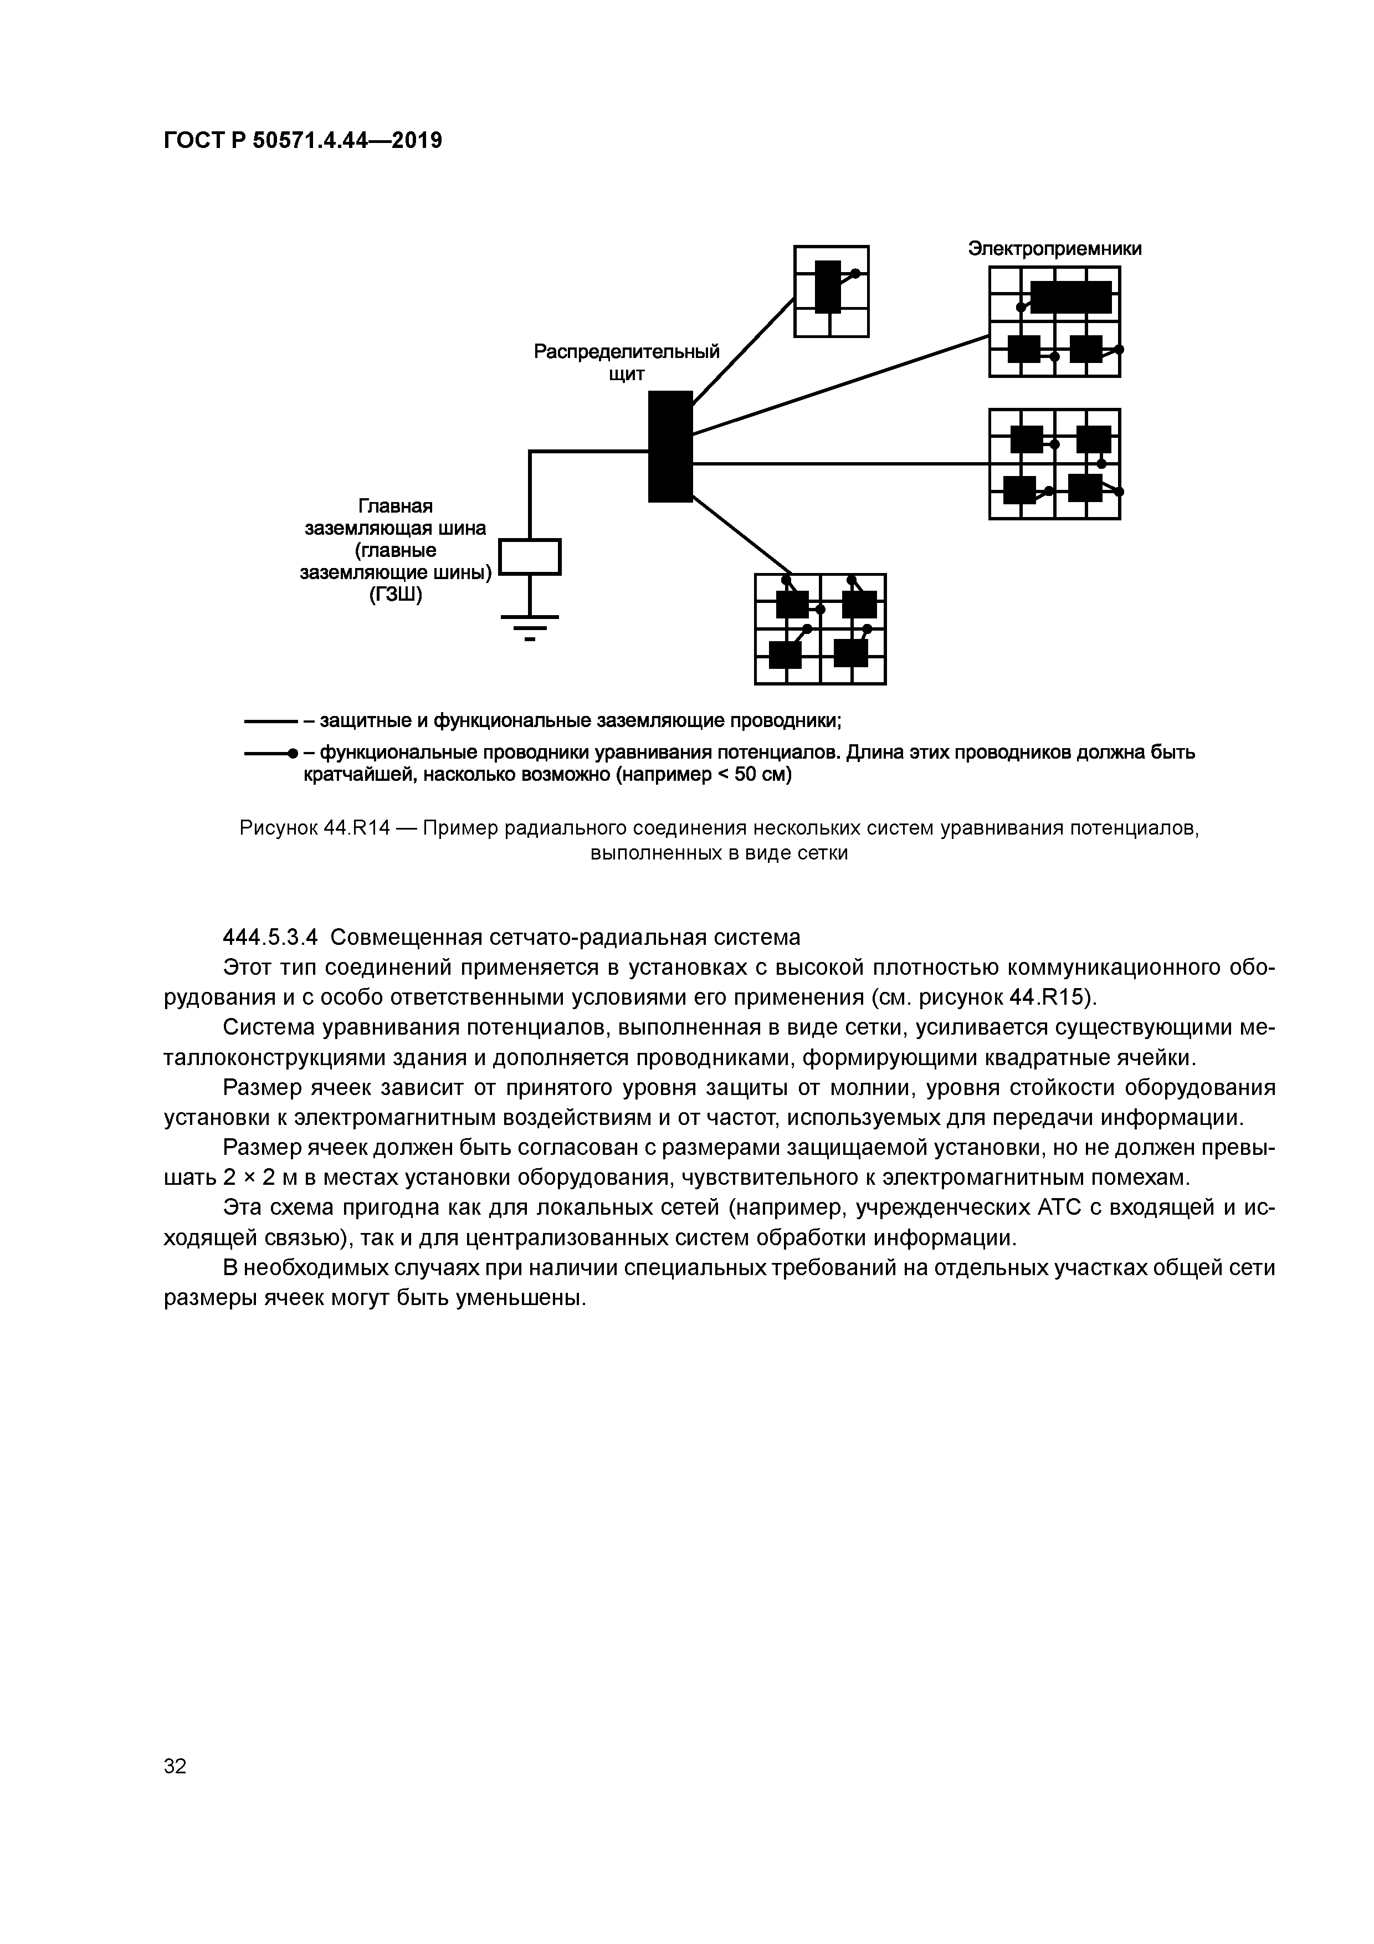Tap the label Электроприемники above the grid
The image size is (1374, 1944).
pos(1055,249)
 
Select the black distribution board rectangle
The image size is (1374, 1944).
pos(670,446)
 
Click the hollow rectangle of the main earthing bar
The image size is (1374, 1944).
pos(530,557)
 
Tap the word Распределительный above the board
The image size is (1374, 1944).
pos(627,351)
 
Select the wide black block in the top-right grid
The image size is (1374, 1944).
pos(1070,297)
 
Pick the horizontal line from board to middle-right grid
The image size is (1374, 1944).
pos(838,464)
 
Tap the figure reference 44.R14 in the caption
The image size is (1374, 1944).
pos(356,827)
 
